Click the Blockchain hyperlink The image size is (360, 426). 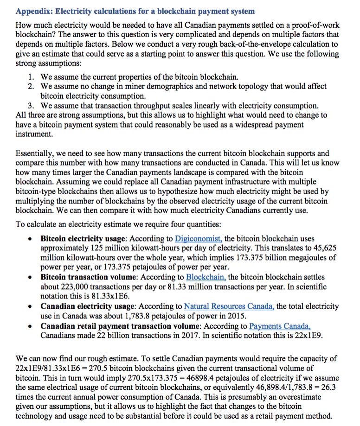pos(206,277)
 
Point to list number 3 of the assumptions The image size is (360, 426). pos(31,105)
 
